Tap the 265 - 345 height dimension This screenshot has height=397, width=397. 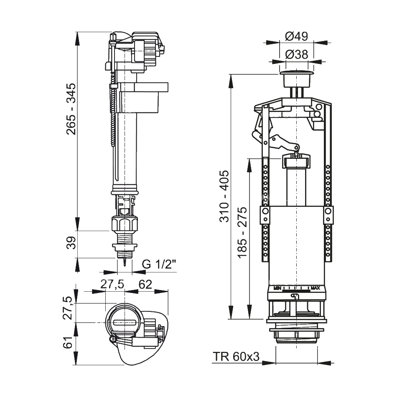tap(72, 109)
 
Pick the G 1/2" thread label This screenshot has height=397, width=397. tap(159, 265)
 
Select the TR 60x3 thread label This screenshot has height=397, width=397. tap(236, 356)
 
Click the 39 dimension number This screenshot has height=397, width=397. tap(72, 243)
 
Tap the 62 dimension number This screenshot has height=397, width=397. tap(145, 284)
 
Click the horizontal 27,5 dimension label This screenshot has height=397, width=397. tap(112, 284)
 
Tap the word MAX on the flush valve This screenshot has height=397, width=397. tap(316, 288)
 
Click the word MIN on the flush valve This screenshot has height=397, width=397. tap(277, 288)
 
